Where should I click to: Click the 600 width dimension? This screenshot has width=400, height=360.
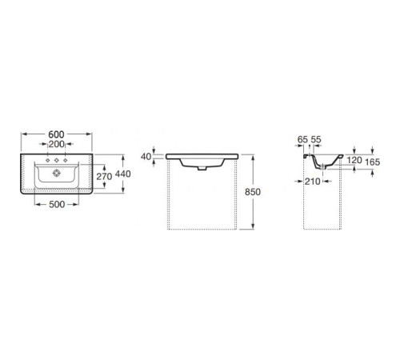(x=56, y=134)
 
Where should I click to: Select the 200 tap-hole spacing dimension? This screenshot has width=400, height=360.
(x=57, y=144)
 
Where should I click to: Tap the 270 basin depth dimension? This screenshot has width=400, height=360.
(x=104, y=176)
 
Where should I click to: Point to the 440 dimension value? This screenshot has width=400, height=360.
(x=123, y=174)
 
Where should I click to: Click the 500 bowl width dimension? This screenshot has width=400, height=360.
(x=57, y=205)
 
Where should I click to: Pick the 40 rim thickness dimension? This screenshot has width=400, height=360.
(x=146, y=157)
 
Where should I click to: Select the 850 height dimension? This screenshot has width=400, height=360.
(x=253, y=192)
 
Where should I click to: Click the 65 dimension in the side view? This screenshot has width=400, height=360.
(x=302, y=139)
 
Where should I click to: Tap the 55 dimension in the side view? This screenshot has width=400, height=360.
(x=316, y=139)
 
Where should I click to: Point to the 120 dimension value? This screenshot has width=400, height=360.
(x=354, y=160)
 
